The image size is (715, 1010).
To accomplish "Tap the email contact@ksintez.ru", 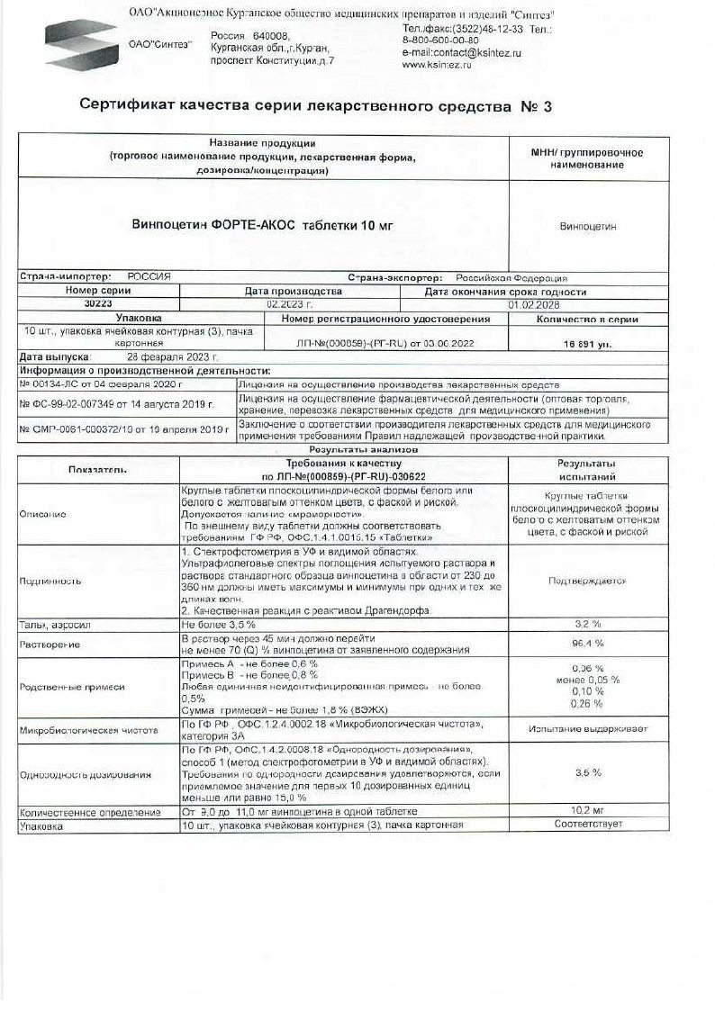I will (x=461, y=53).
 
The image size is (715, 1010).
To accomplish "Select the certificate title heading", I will (x=315, y=106).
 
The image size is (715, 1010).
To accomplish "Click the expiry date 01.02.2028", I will (x=534, y=304).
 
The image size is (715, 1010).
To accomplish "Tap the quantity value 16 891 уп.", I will (x=587, y=344).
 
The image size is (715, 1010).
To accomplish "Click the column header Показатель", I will (x=98, y=470).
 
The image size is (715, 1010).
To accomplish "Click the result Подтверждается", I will (x=587, y=581).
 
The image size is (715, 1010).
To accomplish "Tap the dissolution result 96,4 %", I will (x=587, y=644).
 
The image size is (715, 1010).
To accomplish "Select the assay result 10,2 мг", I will (x=587, y=811).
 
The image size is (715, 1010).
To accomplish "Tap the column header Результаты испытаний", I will (x=587, y=470).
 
